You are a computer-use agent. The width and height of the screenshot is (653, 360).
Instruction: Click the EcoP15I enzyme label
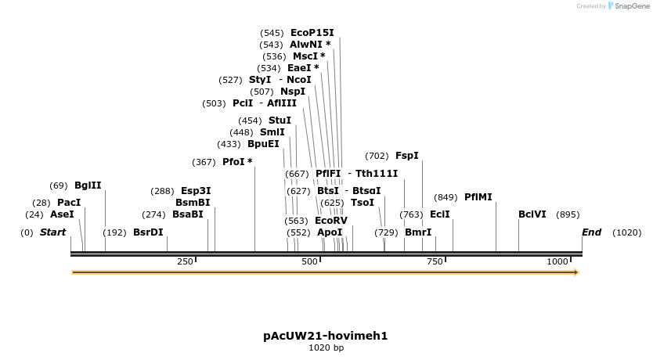(x=312, y=33)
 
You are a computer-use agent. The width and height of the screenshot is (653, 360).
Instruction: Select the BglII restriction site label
(x=88, y=185)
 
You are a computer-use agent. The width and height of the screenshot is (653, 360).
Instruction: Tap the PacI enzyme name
(x=69, y=203)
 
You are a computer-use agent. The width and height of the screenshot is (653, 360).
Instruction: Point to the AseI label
(x=62, y=214)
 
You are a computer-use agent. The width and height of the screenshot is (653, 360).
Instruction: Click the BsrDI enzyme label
(x=148, y=232)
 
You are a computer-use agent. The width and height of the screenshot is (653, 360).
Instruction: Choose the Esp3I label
(x=196, y=191)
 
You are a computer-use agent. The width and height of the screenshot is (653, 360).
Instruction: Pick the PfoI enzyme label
(x=237, y=162)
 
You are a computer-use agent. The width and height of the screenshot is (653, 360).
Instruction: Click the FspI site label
(x=407, y=156)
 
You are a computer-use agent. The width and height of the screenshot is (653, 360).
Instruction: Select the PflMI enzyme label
(x=478, y=197)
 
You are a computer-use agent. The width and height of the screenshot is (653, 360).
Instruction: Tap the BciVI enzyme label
(x=532, y=214)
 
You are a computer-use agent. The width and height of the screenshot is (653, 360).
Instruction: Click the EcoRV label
(x=330, y=221)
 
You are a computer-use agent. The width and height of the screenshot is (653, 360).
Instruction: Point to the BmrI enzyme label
(x=418, y=232)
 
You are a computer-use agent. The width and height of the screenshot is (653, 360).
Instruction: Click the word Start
(x=52, y=232)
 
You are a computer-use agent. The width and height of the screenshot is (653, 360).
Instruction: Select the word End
(x=591, y=232)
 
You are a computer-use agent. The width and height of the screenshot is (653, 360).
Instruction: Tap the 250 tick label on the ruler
(x=185, y=262)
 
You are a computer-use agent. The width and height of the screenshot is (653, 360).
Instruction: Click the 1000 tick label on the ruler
(x=557, y=262)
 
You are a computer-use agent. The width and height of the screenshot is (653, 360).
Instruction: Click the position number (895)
(x=568, y=214)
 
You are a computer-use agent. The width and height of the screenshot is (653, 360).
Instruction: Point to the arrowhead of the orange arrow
(x=575, y=272)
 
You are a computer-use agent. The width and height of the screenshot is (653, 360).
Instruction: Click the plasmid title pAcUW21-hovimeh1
(x=326, y=336)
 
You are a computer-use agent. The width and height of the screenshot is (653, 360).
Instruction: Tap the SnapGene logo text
(x=633, y=6)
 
